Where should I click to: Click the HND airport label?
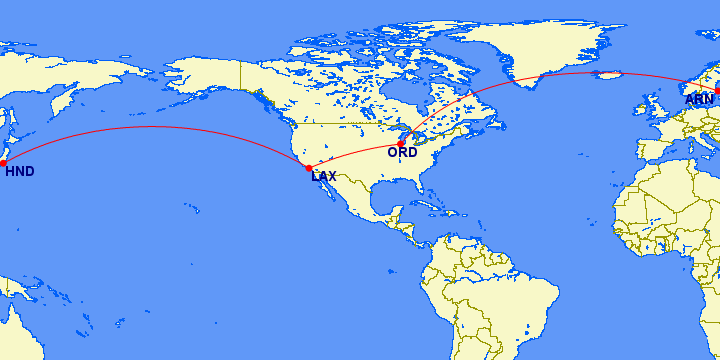[x=20, y=172]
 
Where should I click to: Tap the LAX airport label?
[x=324, y=177]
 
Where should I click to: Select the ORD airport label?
[x=402, y=153]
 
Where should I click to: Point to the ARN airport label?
[x=698, y=100]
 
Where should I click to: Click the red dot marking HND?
[x=3, y=162]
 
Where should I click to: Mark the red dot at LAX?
[x=309, y=168]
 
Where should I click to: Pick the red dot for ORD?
[x=400, y=144]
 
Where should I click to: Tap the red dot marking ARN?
[x=717, y=91]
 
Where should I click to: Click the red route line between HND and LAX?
[x=150, y=127]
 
